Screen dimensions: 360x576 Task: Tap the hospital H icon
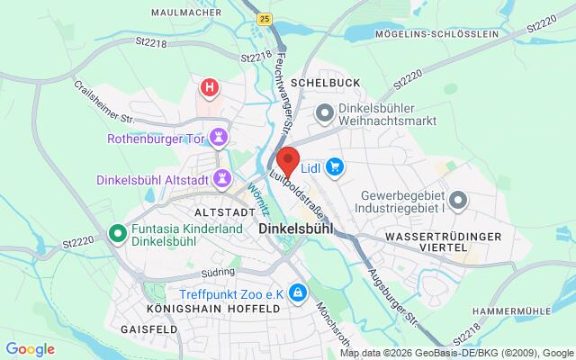click(x=211, y=88)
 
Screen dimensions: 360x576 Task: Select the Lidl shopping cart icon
click(x=335, y=166)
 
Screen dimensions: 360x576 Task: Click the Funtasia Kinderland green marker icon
click(x=116, y=234)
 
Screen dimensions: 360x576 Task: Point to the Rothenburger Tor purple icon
click(x=220, y=139)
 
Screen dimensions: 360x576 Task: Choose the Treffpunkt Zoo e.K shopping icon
click(x=297, y=292)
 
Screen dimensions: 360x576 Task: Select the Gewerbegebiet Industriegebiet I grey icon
click(x=459, y=201)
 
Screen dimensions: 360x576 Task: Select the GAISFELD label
click(x=148, y=330)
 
